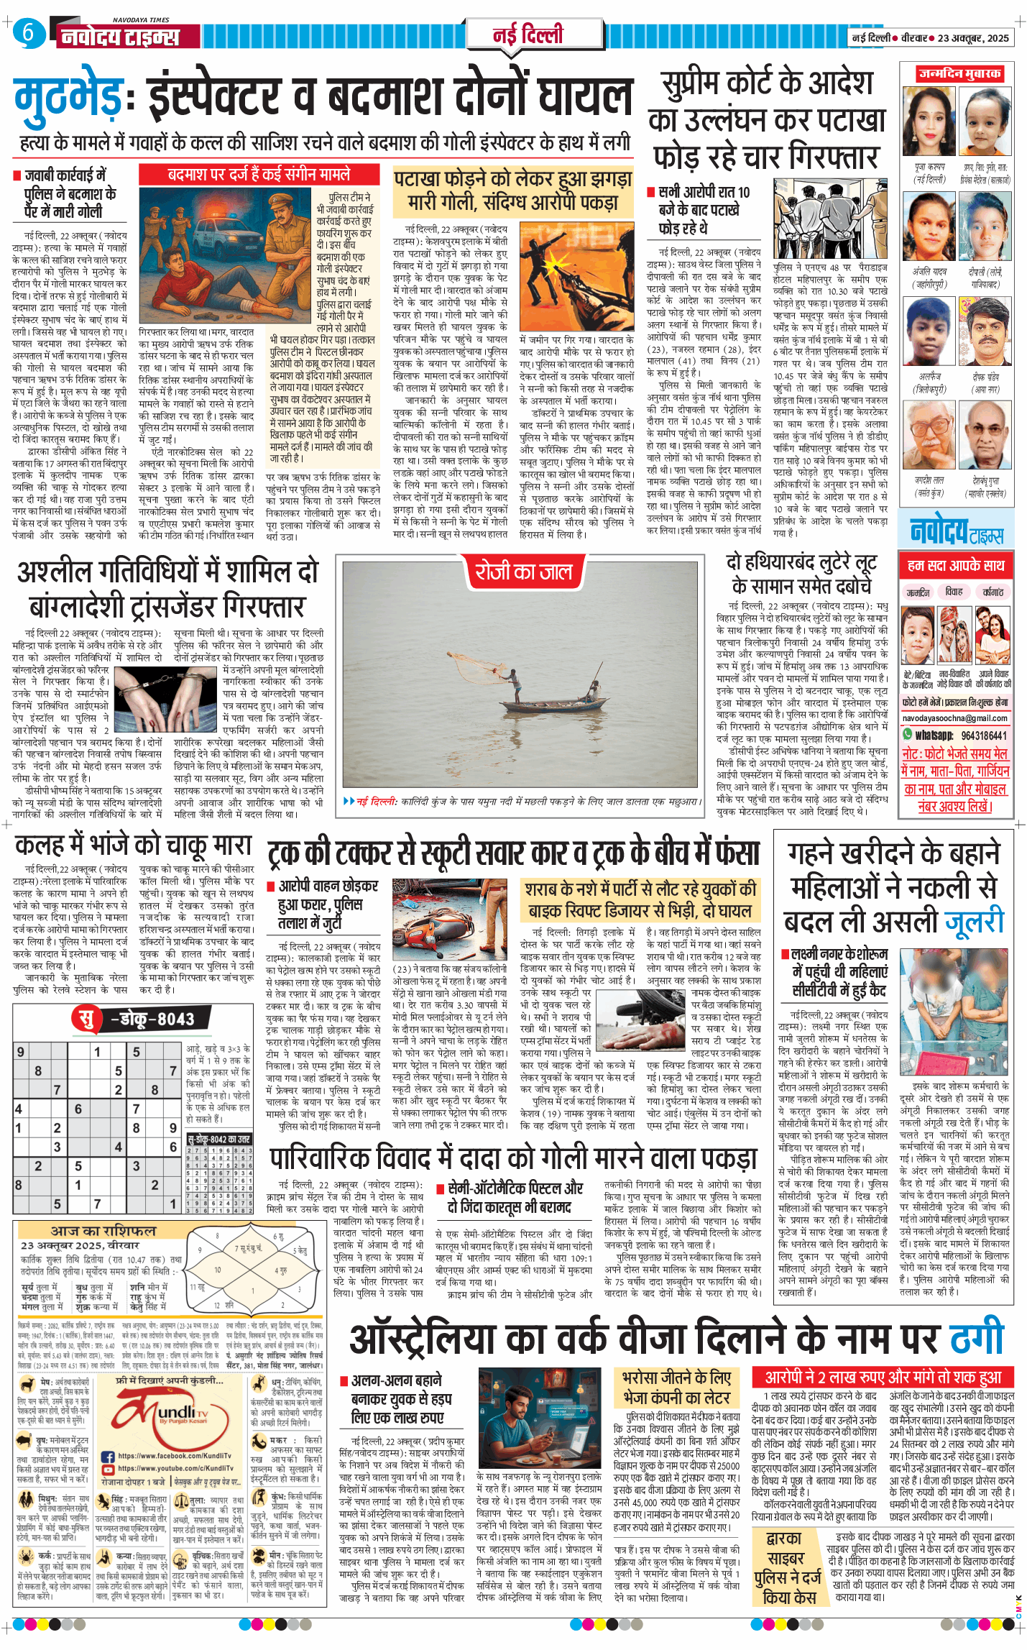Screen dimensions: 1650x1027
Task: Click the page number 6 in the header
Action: click(x=27, y=32)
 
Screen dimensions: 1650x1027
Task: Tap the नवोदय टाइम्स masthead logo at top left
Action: click(x=120, y=36)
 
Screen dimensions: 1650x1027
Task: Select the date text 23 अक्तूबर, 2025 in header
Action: click(x=973, y=38)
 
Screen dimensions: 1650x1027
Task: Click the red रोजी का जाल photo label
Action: click(x=523, y=572)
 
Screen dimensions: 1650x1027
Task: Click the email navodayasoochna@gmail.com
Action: click(x=954, y=718)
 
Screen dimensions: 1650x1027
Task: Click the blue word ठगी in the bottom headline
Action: click(x=977, y=1339)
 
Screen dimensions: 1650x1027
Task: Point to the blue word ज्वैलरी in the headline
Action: click(x=974, y=922)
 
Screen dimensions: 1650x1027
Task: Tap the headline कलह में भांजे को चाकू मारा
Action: click(x=134, y=845)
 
